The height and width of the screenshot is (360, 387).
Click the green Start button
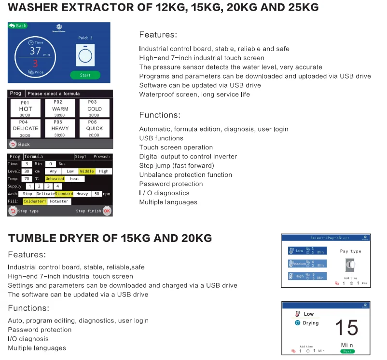[x=85, y=75]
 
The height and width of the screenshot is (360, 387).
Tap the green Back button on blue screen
[x=18, y=26]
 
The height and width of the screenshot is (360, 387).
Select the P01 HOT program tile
[x=26, y=108]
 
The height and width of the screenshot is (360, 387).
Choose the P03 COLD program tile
[x=95, y=108]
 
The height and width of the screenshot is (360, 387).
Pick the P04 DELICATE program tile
[x=26, y=129]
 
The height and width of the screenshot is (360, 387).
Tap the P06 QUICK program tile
[x=95, y=129]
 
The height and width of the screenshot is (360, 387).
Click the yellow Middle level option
[x=87, y=171]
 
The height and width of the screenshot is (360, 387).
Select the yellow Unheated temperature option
[x=55, y=179]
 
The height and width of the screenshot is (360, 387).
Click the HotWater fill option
[x=59, y=201]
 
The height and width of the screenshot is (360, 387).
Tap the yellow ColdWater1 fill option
[x=35, y=201]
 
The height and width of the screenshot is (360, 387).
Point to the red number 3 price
[x=35, y=63]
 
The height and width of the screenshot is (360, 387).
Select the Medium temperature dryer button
[x=307, y=264]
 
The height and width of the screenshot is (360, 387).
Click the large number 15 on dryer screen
[x=346, y=328]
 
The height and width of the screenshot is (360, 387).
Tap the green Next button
[x=347, y=351]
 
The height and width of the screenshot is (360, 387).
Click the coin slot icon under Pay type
[x=350, y=265]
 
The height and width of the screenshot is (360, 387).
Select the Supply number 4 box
[x=57, y=187]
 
